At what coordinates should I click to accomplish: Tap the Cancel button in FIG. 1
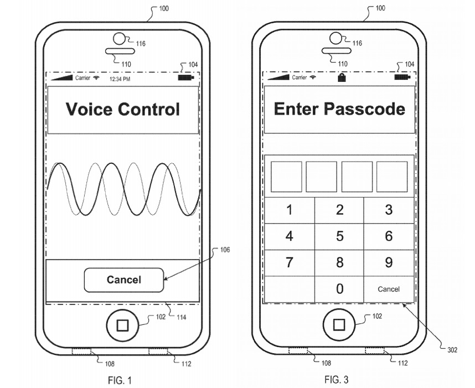[124, 280]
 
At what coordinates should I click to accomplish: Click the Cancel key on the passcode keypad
[389, 289]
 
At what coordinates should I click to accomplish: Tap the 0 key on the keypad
[339, 289]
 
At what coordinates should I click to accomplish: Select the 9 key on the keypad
[389, 262]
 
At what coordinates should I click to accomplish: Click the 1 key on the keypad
[290, 210]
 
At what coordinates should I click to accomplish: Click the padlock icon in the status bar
[342, 77]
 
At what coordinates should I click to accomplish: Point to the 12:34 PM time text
[120, 79]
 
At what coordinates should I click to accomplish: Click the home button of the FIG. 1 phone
[122, 325]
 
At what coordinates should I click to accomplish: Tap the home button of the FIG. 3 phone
[339, 325]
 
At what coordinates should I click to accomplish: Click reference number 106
[225, 250]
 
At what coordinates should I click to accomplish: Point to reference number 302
[452, 350]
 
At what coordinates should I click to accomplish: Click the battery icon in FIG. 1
[185, 78]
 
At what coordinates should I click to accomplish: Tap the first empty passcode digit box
[286, 177]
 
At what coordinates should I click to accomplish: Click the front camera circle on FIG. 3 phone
[335, 38]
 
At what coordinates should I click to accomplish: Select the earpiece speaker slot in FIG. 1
[120, 51]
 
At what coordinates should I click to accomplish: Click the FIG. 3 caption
[336, 379]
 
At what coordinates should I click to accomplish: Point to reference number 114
[182, 317]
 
